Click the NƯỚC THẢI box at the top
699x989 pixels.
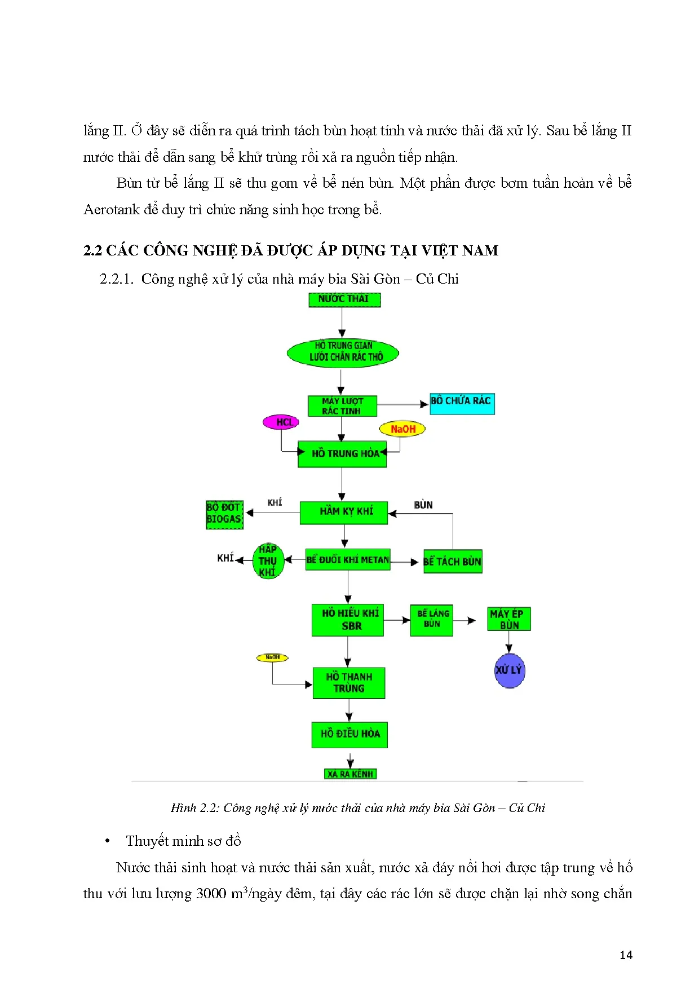pos(344,299)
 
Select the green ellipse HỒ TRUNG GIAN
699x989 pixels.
pos(343,353)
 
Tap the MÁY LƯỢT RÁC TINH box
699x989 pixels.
pos(342,406)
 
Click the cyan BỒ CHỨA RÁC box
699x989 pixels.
pos(462,404)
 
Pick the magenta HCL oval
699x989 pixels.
pos(281,422)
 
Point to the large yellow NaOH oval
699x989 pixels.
pos(402,429)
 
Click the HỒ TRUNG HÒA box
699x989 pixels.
pos(342,454)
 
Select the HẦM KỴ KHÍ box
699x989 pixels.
pos(344,513)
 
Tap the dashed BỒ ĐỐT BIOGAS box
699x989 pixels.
pos(224,514)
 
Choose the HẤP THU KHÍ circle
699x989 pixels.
pos(268,561)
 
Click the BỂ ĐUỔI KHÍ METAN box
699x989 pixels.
pos(348,560)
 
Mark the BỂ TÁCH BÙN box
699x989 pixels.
pos(453,562)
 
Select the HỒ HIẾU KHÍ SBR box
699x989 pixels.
pos(348,620)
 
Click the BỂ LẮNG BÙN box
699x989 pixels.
pos(432,620)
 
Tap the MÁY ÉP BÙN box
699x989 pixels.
pos(508,619)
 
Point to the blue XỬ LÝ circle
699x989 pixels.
pos(509,670)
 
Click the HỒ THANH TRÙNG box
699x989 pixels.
pos(349,683)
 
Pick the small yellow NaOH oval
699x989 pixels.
pos(272,657)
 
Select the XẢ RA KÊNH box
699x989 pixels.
pos(351,774)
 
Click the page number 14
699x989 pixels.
pos(626,955)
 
